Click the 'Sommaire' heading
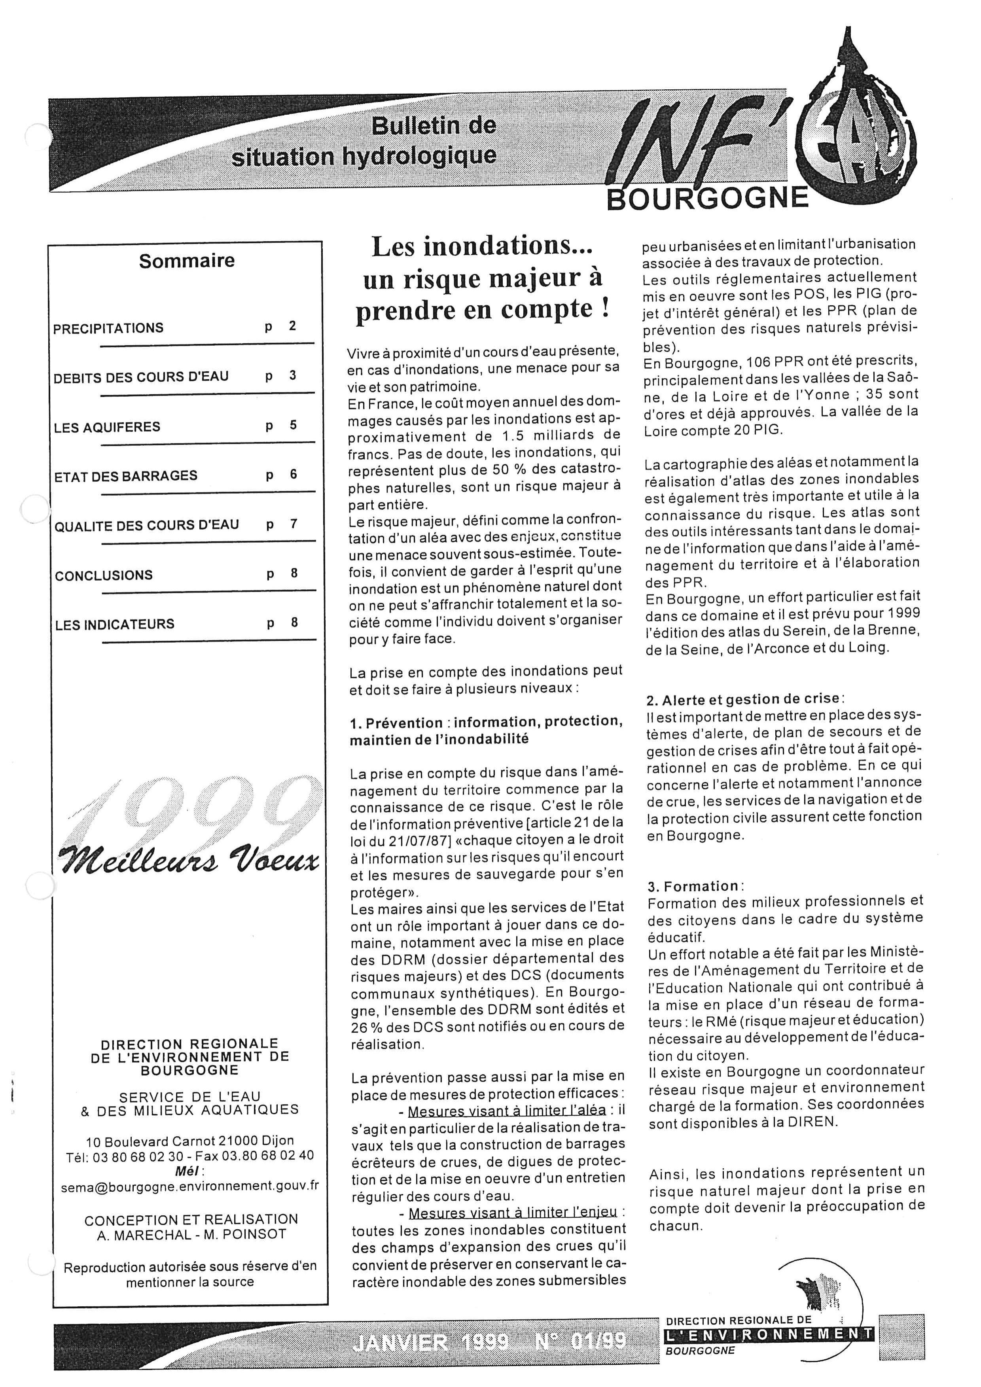[x=187, y=261]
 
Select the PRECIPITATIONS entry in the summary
[x=108, y=329]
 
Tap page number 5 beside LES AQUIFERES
[x=293, y=425]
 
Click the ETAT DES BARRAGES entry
[x=126, y=476]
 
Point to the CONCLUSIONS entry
[x=104, y=575]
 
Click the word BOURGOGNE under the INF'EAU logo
[x=707, y=199]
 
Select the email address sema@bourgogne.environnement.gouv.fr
[x=190, y=1186]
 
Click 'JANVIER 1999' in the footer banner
[x=428, y=1342]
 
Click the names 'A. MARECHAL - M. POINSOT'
[x=191, y=1235]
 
